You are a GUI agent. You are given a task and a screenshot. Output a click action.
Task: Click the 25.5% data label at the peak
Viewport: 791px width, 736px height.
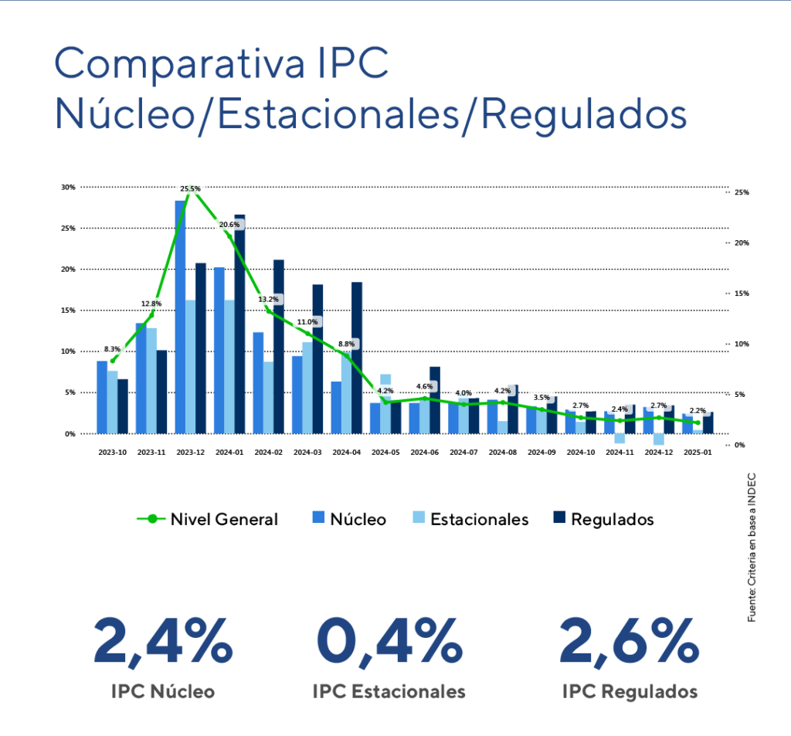point(190,188)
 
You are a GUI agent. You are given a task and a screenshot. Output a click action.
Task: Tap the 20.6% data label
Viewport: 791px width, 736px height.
point(229,225)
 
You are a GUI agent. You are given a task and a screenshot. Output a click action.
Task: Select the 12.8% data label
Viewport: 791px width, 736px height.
point(151,304)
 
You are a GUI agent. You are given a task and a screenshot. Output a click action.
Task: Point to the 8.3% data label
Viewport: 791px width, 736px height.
point(113,349)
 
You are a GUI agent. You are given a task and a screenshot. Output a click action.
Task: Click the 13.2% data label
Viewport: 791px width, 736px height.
point(268,299)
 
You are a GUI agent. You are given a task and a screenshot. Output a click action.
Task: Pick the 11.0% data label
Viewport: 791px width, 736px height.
point(307,321)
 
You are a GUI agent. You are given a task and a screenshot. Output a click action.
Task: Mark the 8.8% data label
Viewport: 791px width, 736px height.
point(346,344)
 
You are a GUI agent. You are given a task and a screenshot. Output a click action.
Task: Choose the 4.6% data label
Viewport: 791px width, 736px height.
point(424,386)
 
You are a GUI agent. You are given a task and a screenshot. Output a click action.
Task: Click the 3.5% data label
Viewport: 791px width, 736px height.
point(541,398)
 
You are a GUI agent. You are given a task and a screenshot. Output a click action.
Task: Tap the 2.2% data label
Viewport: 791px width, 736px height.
point(697,410)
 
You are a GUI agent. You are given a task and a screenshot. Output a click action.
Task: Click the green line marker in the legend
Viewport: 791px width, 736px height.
point(152,519)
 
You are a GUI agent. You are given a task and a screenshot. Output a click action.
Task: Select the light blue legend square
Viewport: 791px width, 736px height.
point(418,517)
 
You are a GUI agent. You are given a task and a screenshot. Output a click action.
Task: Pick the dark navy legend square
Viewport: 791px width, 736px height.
point(558,517)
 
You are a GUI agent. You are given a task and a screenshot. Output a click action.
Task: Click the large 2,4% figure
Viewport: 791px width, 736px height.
point(163,642)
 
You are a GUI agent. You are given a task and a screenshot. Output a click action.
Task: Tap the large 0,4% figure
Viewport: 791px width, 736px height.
point(389,642)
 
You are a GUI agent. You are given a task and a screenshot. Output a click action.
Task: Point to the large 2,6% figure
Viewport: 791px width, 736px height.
point(630,642)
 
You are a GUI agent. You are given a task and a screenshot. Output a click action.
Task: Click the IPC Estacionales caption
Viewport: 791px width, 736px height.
point(389,691)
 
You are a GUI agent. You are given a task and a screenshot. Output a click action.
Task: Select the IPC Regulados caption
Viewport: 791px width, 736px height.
point(630,691)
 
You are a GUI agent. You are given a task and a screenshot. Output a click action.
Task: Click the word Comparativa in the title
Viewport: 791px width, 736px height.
point(178,65)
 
